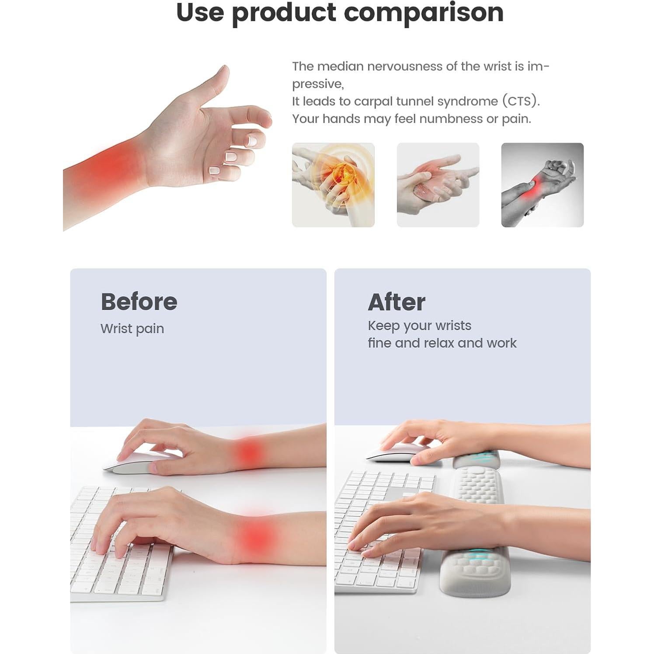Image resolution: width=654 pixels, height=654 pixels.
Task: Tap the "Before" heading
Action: coord(139,302)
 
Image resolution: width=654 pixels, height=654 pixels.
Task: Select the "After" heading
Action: coord(397,302)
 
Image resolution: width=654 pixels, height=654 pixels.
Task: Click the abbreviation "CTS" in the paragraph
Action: coord(520,101)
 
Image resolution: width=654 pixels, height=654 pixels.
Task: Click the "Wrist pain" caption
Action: coord(132,329)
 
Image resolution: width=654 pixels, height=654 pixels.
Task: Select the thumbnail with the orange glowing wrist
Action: coord(333,185)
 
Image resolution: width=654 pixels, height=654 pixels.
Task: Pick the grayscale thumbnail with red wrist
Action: coord(542,185)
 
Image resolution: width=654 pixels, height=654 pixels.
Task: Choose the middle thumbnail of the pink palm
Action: coord(438,185)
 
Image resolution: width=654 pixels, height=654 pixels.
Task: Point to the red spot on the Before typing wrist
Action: coord(256,536)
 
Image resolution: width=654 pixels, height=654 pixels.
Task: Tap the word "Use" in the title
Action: coord(200,12)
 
